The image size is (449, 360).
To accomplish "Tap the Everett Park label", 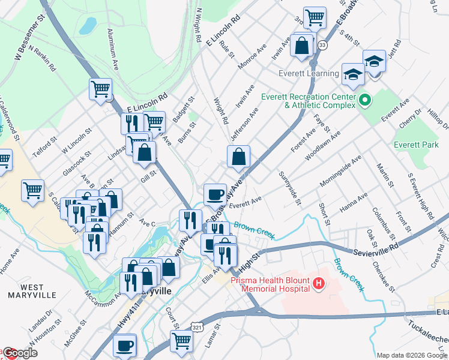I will click(416, 145).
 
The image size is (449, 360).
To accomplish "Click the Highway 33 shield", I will click(323, 46).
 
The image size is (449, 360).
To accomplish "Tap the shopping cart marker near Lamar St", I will click(181, 341).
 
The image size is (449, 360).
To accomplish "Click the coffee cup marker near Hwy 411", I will click(124, 346).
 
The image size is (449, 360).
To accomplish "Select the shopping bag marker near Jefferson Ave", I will click(238, 157).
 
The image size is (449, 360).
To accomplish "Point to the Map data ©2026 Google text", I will click(412, 355).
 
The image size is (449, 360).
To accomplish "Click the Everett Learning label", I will click(309, 73).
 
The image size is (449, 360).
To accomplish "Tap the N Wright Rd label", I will click(197, 25).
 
